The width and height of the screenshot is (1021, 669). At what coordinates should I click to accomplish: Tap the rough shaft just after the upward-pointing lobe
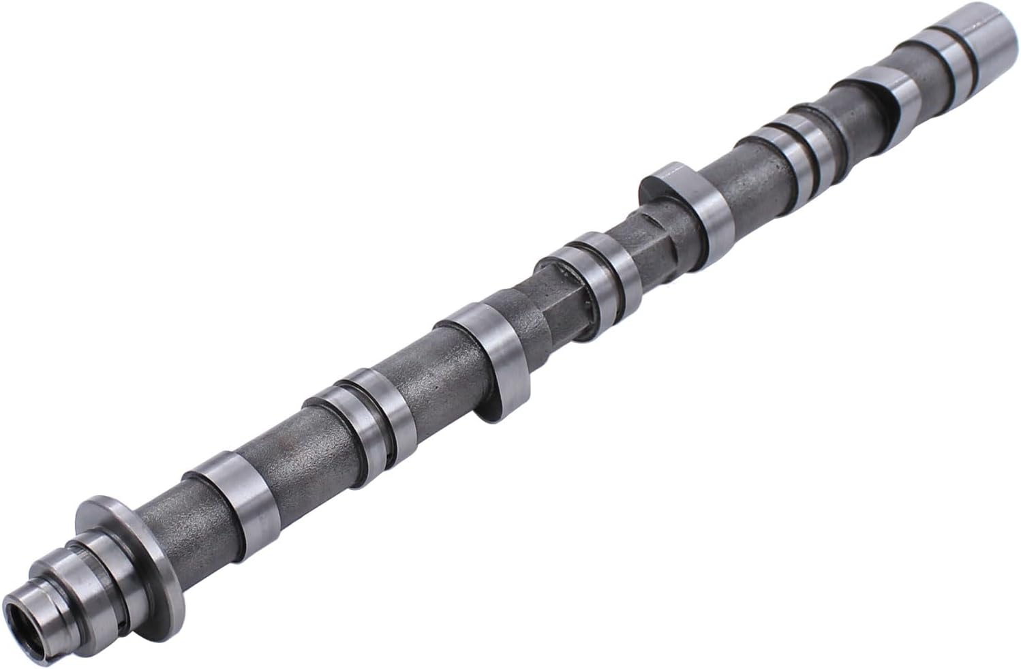pyautogui.click(x=743, y=174)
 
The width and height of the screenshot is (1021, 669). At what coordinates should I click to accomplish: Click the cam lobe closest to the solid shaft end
pyautogui.click(x=879, y=102)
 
